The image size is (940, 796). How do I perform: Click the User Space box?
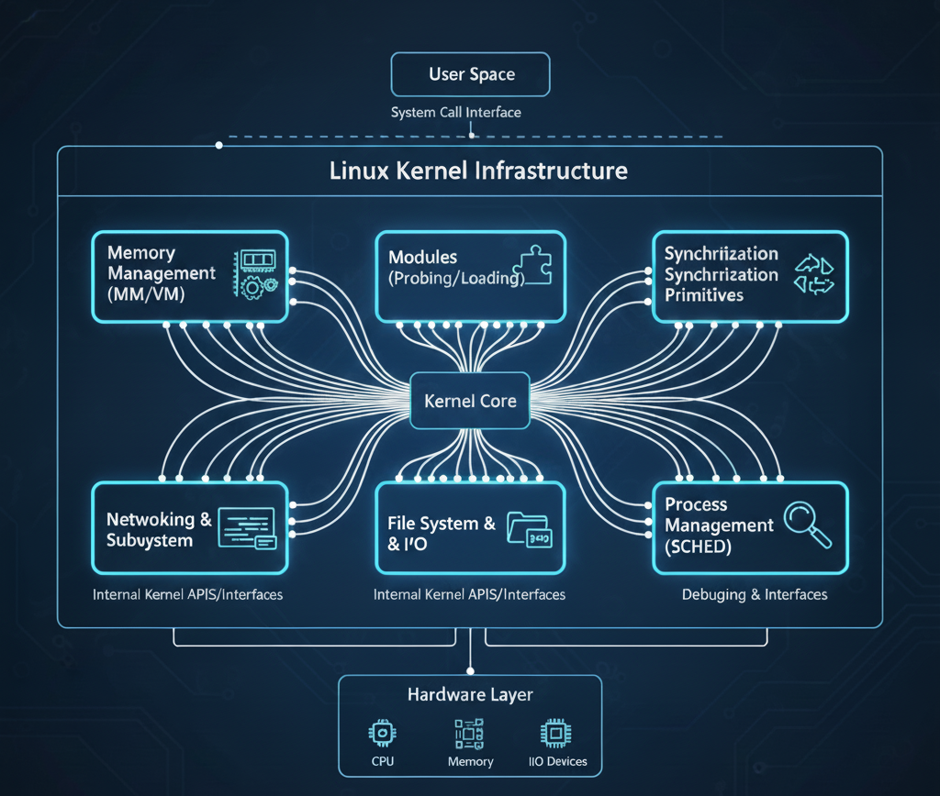(x=470, y=74)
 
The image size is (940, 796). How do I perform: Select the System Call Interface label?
(x=455, y=113)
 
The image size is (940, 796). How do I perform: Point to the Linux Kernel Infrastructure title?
(x=478, y=171)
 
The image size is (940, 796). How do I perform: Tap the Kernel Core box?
(x=470, y=401)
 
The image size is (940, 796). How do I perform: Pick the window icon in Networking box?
(x=247, y=529)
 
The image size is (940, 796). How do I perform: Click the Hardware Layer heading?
(x=470, y=695)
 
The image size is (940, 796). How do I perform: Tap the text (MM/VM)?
(x=148, y=294)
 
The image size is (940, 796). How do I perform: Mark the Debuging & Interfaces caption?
(x=755, y=594)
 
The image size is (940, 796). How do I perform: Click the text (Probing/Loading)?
(x=456, y=278)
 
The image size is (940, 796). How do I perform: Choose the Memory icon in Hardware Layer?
(x=469, y=734)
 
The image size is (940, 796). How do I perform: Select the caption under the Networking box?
(x=188, y=594)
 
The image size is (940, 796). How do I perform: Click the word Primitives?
(x=704, y=295)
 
